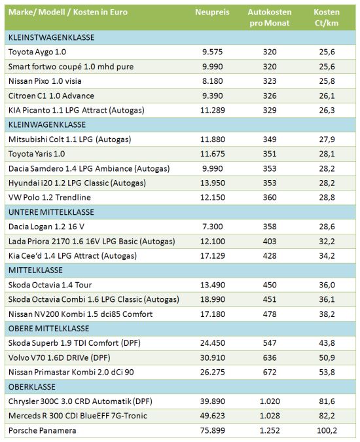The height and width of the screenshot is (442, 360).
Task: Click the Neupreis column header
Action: [x=212, y=12]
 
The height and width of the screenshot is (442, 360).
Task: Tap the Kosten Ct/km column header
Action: [x=327, y=18]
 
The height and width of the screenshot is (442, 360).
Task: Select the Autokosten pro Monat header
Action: [x=270, y=18]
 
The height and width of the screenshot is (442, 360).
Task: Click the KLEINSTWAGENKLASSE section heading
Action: [x=51, y=37]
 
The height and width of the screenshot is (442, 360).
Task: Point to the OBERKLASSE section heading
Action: [x=32, y=387]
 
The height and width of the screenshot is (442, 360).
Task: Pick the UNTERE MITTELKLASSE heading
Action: [x=51, y=212]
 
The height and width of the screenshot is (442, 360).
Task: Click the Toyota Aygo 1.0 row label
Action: [x=37, y=52]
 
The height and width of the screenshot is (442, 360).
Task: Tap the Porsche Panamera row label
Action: [x=43, y=430]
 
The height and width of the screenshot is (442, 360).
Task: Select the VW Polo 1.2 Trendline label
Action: [x=50, y=197]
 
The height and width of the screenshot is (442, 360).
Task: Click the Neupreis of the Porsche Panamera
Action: [x=212, y=430]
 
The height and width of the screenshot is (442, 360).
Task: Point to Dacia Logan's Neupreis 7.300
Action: [x=212, y=227]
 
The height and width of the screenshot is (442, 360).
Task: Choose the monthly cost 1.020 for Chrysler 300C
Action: [x=270, y=401]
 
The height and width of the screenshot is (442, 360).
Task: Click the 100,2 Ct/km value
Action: [x=327, y=430]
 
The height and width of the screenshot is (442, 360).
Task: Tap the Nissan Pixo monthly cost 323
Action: [x=270, y=81]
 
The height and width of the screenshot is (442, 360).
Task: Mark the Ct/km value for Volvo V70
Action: [x=327, y=358]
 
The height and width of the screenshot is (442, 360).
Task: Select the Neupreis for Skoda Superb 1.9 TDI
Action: [x=212, y=343]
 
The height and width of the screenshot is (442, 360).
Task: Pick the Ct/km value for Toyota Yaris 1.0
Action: [x=327, y=154]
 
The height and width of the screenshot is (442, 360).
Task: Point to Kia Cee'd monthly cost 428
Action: [x=270, y=255]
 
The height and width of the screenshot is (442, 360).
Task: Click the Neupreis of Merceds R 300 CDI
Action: [x=212, y=416]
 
